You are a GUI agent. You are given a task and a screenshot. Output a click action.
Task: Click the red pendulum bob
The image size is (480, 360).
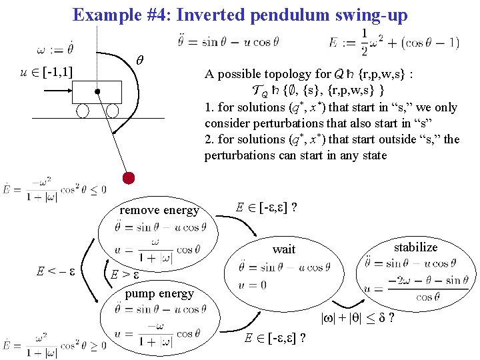pyautogui.click(x=129, y=177)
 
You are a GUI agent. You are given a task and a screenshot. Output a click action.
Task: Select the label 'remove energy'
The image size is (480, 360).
pyautogui.click(x=159, y=210)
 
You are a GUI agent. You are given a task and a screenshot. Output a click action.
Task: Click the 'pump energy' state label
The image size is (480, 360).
pyautogui.click(x=159, y=293)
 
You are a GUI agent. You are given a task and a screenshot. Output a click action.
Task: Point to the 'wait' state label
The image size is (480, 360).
pyautogui.click(x=284, y=249)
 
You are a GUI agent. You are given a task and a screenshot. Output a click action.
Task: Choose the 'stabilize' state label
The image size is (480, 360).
pyautogui.click(x=415, y=247)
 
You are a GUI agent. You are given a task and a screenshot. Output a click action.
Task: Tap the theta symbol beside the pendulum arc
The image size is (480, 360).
pyautogui.click(x=140, y=59)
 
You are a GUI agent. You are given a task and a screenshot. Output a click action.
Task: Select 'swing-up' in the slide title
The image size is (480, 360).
pyautogui.click(x=373, y=15)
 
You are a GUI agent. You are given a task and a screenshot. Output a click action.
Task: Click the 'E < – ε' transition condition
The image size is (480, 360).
pyautogui.click(x=56, y=272)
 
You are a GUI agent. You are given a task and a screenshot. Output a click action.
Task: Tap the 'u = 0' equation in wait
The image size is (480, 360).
pyautogui.click(x=252, y=285)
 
